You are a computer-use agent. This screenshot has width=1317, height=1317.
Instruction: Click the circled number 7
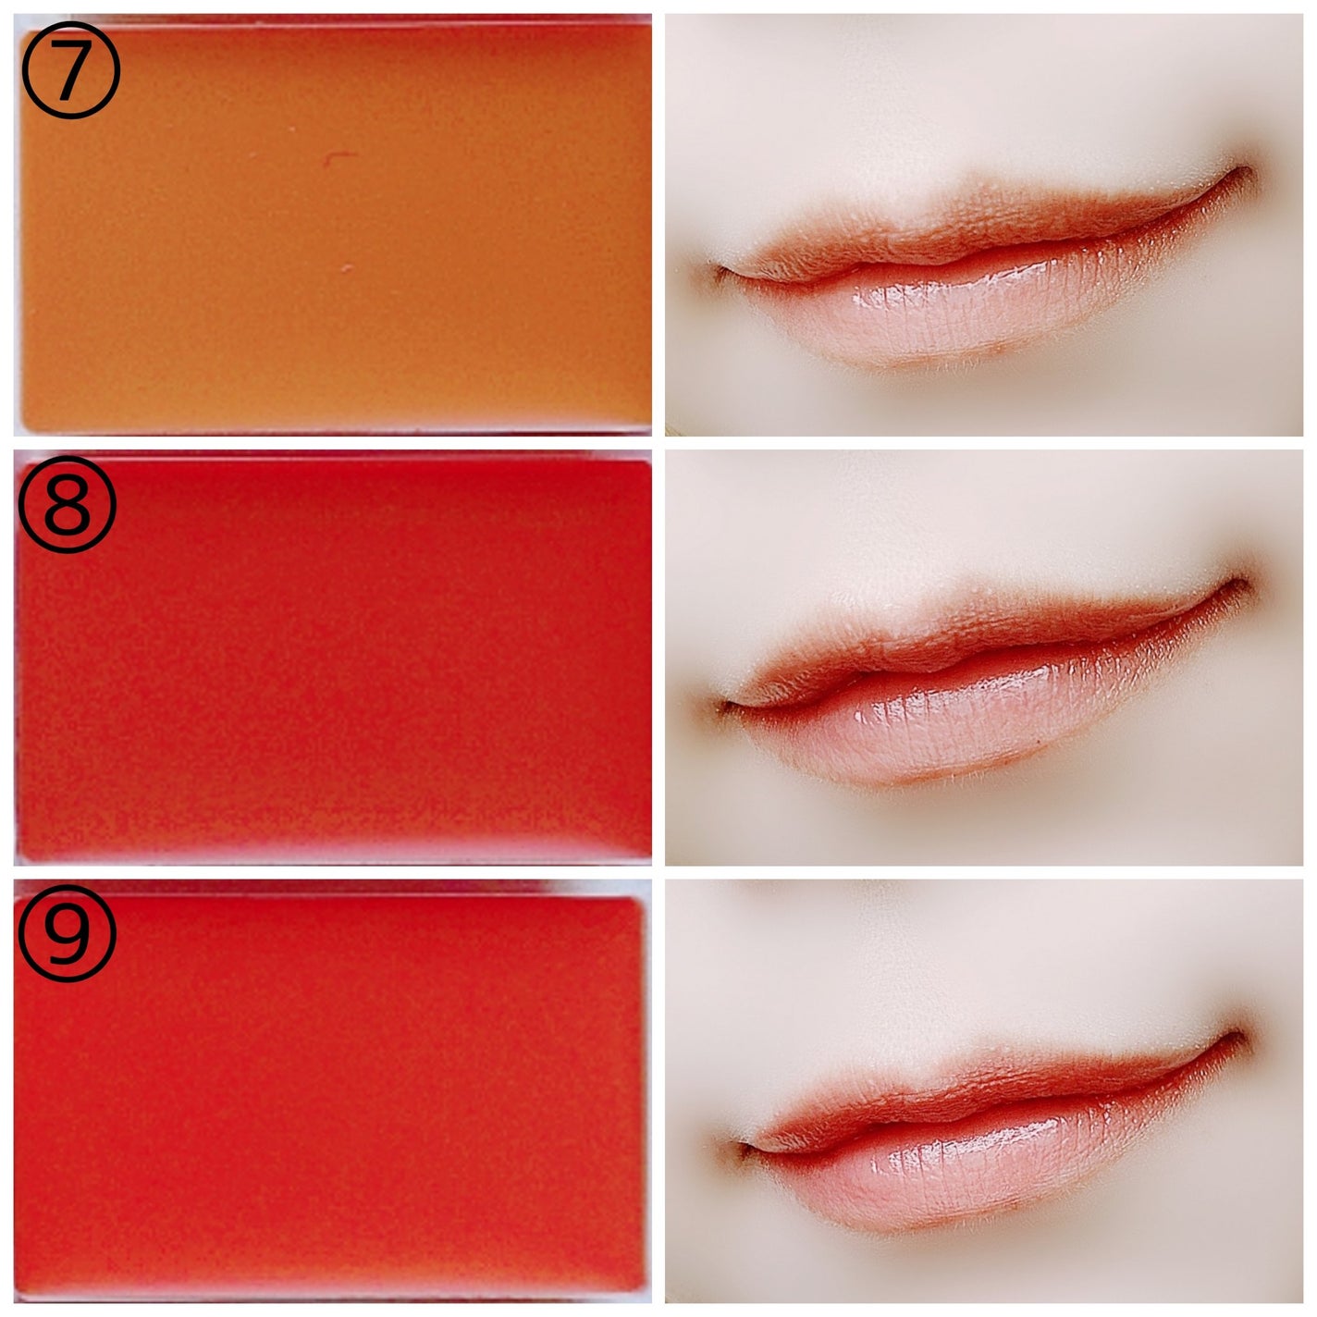pyautogui.click(x=70, y=69)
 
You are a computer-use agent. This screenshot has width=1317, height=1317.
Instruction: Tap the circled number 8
pyautogui.click(x=67, y=504)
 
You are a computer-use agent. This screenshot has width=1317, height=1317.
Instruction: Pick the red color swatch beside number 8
pyautogui.click(x=334, y=659)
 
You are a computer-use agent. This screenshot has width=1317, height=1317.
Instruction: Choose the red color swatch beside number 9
pyautogui.click(x=329, y=1092)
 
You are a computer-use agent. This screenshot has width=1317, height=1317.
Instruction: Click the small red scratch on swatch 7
pyautogui.click(x=338, y=158)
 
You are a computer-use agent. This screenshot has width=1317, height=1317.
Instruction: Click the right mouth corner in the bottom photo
pyautogui.click(x=1238, y=1036)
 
